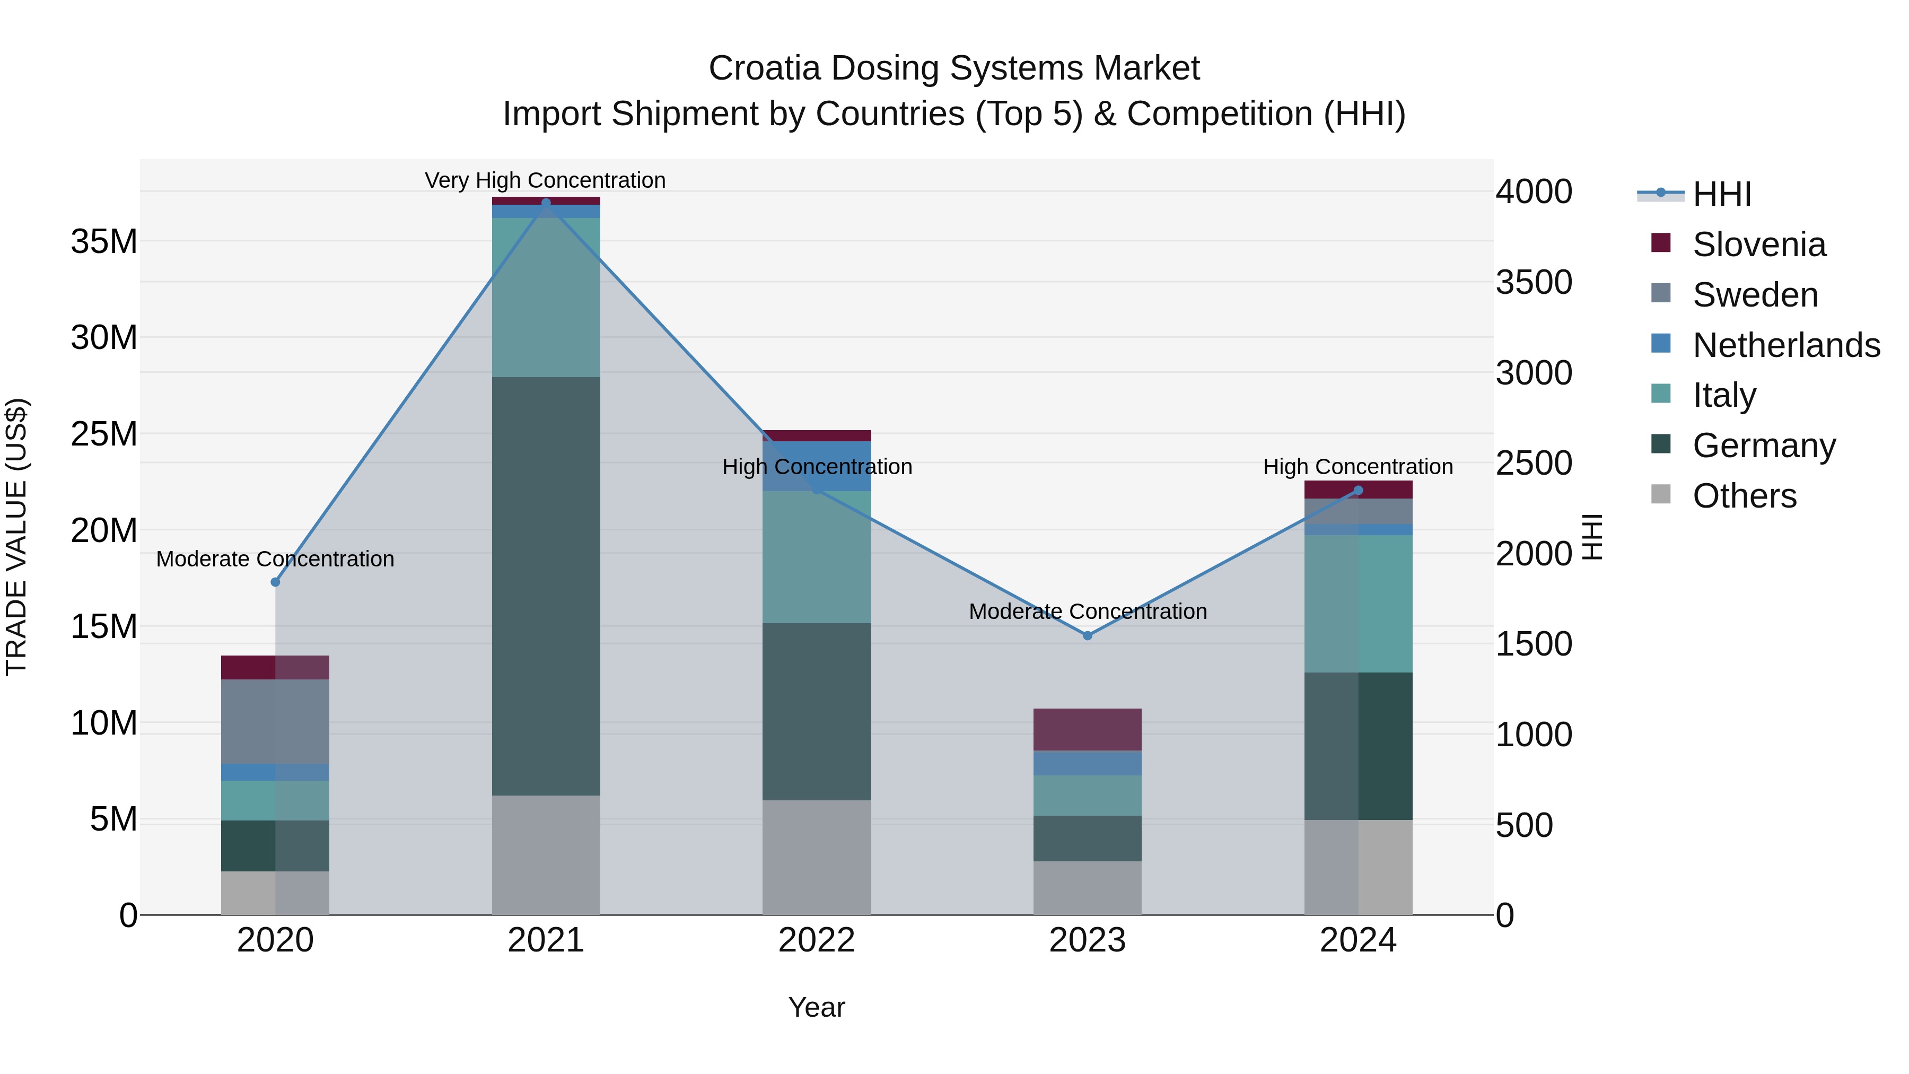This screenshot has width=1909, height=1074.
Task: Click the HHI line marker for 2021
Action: [x=546, y=203]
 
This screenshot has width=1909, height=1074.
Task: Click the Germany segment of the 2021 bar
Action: [x=546, y=586]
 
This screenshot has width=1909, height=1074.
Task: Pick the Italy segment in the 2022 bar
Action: [x=817, y=556]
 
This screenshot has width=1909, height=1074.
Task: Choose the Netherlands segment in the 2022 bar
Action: [x=817, y=466]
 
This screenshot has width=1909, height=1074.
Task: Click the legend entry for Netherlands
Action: [x=1786, y=345]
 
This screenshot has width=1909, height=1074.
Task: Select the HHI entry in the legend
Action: [x=1721, y=194]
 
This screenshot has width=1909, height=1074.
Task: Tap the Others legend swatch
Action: [x=1661, y=494]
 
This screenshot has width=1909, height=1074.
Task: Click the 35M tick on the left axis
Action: [x=104, y=242]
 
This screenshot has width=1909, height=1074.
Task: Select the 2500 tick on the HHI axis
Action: [x=1533, y=463]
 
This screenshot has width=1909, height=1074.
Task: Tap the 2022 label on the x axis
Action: [x=817, y=940]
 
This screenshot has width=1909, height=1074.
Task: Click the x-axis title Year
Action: [x=817, y=1007]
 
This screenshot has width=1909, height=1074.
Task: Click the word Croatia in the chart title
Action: [x=764, y=68]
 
